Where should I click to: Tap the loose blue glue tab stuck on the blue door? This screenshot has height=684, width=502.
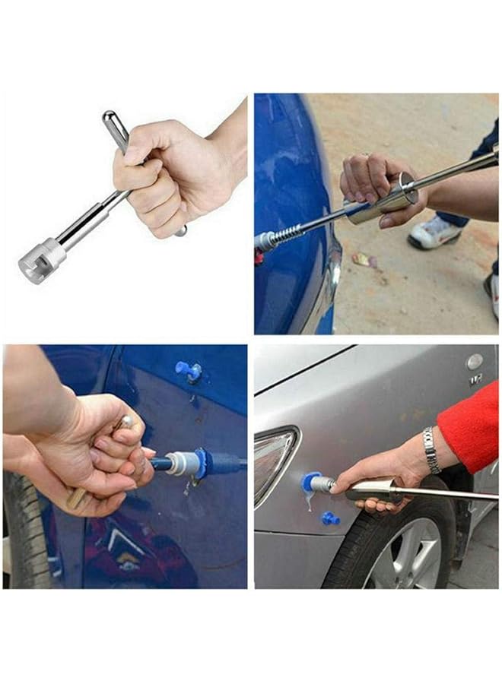point(189,370)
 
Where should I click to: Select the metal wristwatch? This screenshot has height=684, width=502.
point(431,450)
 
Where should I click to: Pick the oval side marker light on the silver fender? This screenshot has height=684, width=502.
point(475,361)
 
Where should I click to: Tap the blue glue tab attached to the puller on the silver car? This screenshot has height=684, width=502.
point(309,481)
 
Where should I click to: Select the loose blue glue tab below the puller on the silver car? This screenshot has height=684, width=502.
point(329,518)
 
